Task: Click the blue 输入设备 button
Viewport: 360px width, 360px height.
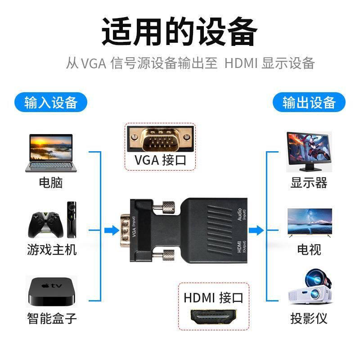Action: point(51,102)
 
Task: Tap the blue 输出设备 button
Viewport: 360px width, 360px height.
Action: point(309,102)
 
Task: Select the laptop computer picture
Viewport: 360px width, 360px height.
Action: point(51,153)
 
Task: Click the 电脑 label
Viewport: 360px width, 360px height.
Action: point(51,183)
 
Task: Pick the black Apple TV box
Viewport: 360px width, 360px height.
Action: point(51,293)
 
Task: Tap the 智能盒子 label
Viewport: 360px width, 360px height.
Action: point(51,319)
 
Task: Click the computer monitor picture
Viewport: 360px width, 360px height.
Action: point(309,152)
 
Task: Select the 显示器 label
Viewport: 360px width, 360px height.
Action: point(309,183)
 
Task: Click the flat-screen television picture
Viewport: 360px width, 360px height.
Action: point(310,222)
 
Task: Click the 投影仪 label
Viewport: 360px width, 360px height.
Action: point(309,319)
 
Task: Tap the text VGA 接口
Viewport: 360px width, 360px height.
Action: point(160,161)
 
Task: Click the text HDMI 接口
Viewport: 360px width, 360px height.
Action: point(213,297)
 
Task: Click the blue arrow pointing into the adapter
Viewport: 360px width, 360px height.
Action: point(109,230)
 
